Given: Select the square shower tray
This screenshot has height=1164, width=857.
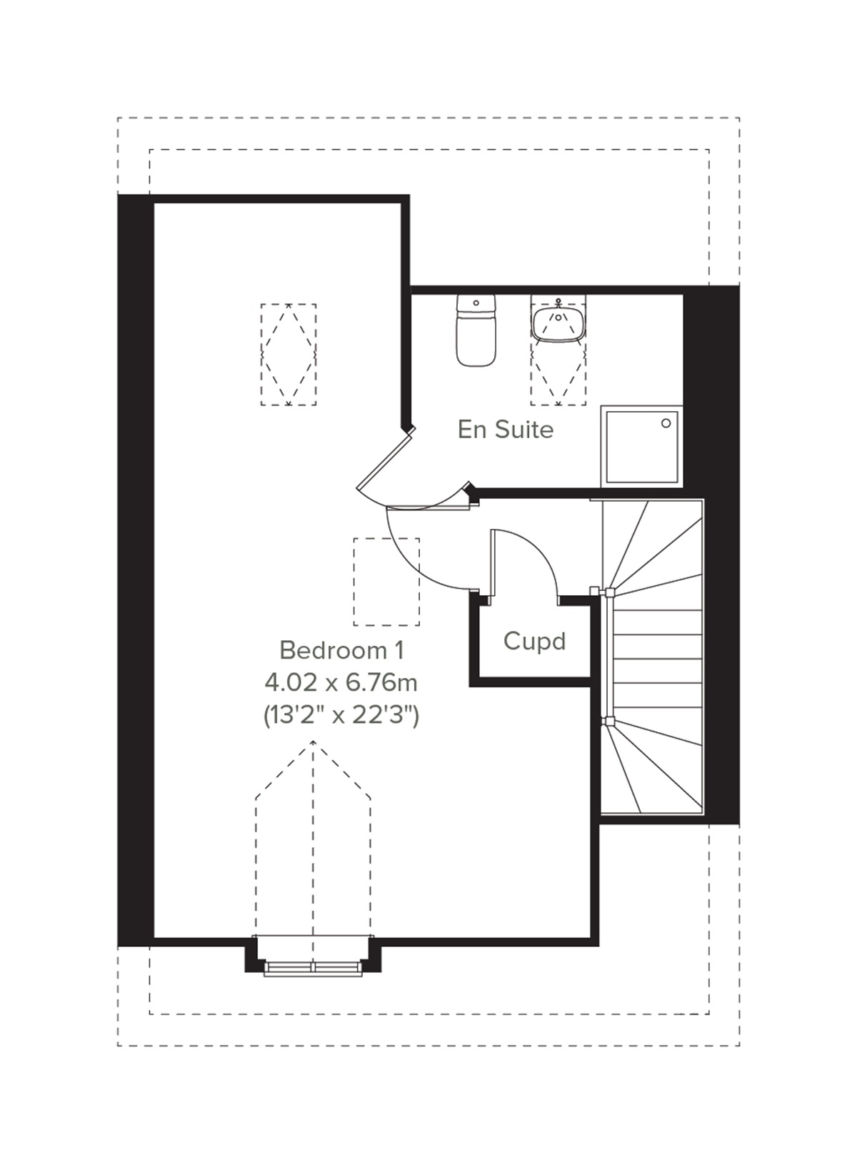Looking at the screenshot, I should (641, 445).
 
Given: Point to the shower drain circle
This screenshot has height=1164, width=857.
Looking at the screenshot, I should (666, 423).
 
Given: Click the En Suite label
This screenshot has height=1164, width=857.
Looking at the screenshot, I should (505, 430).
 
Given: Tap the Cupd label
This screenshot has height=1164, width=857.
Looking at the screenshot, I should (534, 641).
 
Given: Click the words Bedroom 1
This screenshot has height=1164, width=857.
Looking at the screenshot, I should (341, 650).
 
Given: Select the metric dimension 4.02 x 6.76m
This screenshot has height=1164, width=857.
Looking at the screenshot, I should (341, 683).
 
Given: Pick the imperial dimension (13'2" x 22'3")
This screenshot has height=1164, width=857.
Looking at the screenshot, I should (341, 714).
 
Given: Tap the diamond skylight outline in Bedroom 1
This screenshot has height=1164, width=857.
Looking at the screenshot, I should (289, 355).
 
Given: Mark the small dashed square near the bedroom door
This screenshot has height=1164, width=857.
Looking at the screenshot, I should (386, 581).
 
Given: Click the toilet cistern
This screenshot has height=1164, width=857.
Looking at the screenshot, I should (475, 304).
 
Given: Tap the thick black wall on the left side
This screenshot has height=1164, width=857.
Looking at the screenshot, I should (136, 571).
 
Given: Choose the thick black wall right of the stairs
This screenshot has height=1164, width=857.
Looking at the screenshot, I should (721, 557).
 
